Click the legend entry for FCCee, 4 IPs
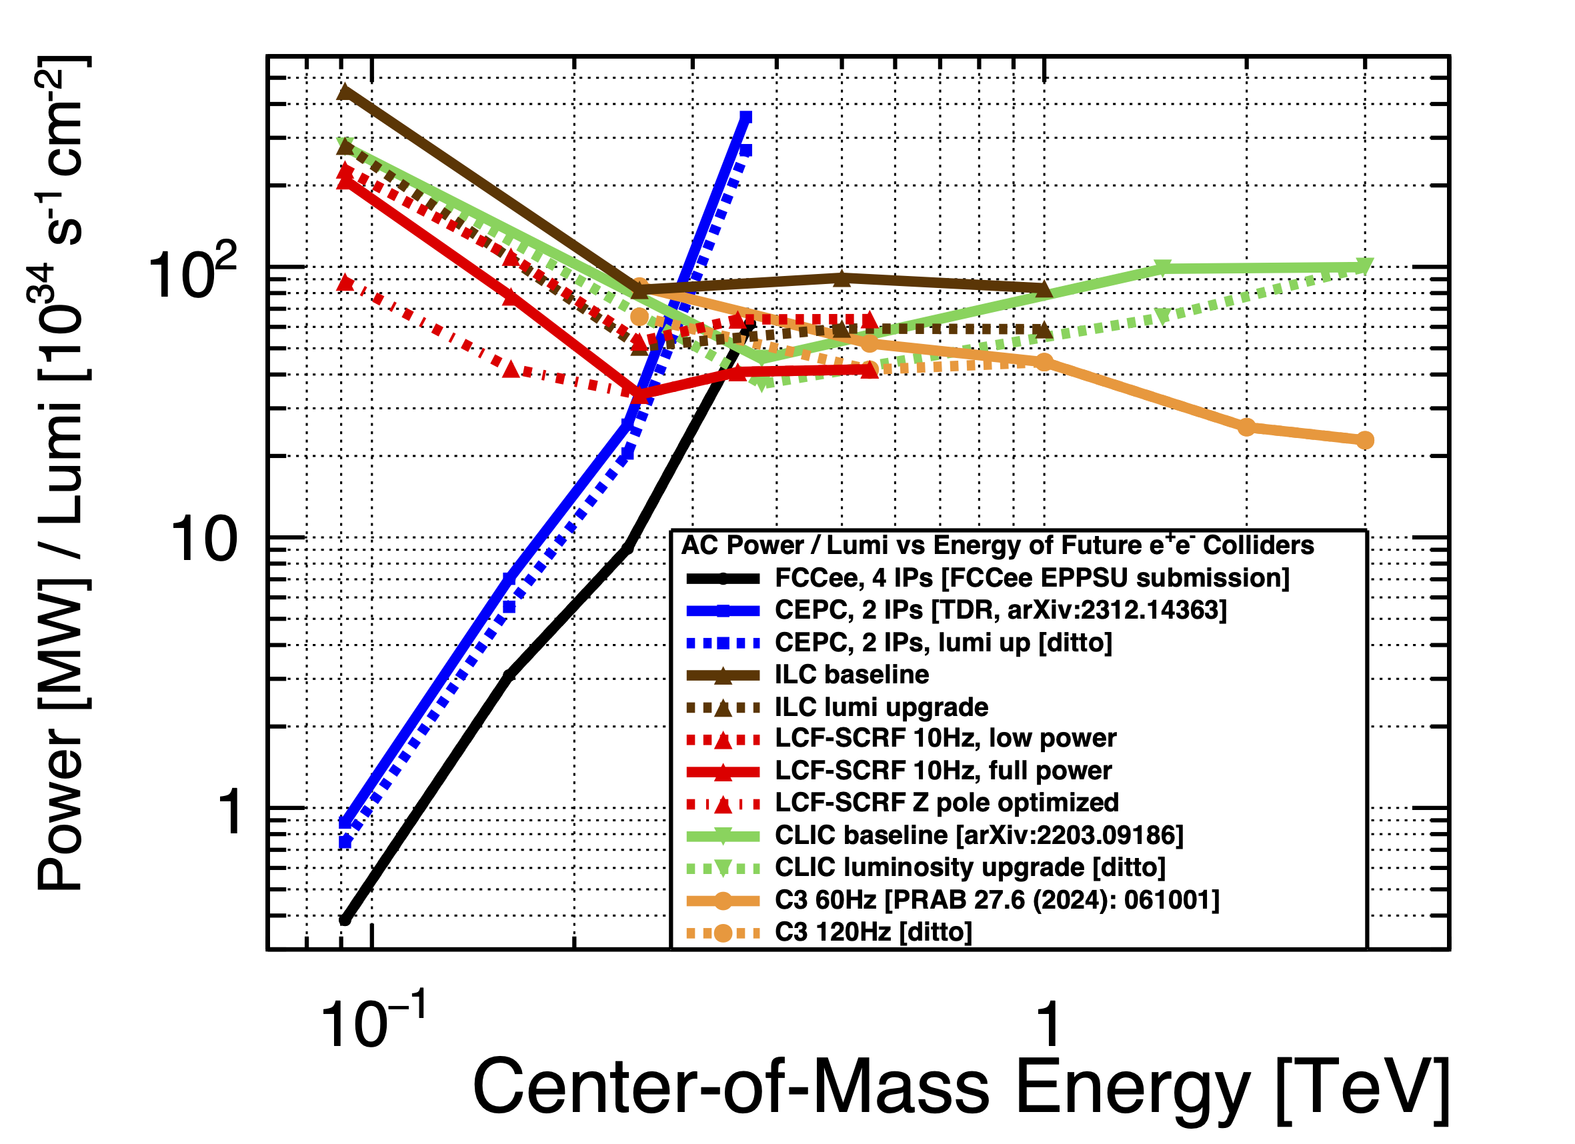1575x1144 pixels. click(x=1032, y=577)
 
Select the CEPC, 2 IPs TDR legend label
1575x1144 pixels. click(x=1000, y=609)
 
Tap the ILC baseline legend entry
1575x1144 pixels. click(x=852, y=674)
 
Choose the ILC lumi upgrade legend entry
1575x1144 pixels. click(x=882, y=707)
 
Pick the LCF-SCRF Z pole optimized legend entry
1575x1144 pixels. click(x=946, y=803)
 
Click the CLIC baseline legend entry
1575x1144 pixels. click(x=978, y=835)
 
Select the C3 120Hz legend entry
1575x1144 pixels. click(x=873, y=931)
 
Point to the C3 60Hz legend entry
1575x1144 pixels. click(x=996, y=899)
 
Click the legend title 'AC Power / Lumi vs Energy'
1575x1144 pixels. click(x=998, y=545)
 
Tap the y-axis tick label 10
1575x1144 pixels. click(x=203, y=540)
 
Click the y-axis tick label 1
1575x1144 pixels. click(x=230, y=812)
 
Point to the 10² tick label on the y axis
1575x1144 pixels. click(x=192, y=273)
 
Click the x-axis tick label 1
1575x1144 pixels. click(x=1048, y=1023)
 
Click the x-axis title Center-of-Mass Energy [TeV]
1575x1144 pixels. click(x=961, y=1087)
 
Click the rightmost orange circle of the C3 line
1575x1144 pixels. click(x=1364, y=440)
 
